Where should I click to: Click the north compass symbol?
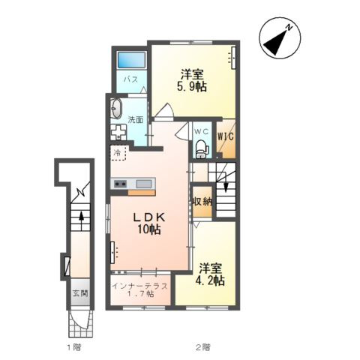tap(280, 37)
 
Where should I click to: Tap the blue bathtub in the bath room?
tap(131, 59)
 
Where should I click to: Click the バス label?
tap(131, 79)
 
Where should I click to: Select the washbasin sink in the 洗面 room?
tap(116, 108)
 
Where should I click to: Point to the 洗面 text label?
tap(136, 120)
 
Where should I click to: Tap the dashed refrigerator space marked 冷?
tap(118, 153)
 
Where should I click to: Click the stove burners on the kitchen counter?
tap(120, 184)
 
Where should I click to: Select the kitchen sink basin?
tap(143, 184)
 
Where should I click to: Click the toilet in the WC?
tap(201, 149)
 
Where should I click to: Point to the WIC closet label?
tap(226, 136)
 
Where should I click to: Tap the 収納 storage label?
tap(202, 201)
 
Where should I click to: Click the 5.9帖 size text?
tap(192, 86)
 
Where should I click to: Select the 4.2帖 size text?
tap(209, 280)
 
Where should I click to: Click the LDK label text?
tap(149, 217)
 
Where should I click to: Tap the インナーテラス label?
tap(139, 286)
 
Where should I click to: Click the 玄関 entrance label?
tap(80, 293)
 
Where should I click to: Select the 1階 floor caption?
tap(73, 346)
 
